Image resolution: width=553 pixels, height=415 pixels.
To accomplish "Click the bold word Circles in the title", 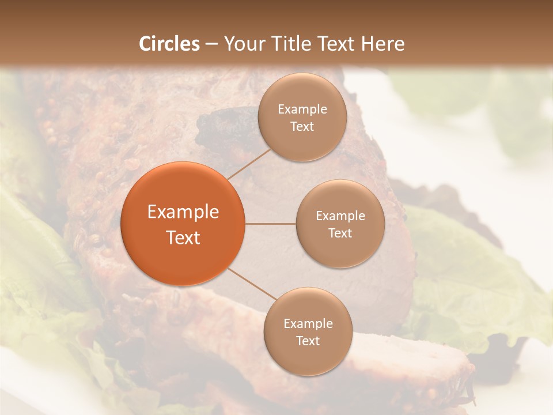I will (x=169, y=44).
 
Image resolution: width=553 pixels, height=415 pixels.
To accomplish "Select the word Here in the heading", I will (x=381, y=44).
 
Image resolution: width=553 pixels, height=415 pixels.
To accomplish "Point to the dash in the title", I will (x=211, y=44).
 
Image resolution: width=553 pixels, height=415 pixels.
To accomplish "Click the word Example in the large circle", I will (x=183, y=212).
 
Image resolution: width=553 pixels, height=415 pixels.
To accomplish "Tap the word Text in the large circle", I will (x=183, y=237).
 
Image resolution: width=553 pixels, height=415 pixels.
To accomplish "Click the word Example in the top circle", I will (x=302, y=110).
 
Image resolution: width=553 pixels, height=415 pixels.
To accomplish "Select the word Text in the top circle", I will (x=302, y=126).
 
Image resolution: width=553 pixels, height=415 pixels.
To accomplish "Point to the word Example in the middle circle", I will (x=340, y=216).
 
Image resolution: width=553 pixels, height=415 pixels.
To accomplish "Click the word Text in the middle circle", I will (x=340, y=233).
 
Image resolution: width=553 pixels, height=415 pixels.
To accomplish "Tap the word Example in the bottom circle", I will (x=308, y=324).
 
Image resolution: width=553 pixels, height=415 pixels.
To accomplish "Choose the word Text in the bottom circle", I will (x=308, y=341).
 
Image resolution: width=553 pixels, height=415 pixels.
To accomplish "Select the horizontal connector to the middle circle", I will (x=271, y=223).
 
